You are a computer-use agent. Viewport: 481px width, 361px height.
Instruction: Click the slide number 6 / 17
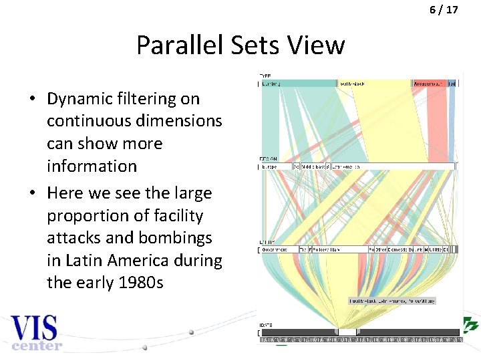(443, 10)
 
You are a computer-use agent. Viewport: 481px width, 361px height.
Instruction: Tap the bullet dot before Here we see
(32, 193)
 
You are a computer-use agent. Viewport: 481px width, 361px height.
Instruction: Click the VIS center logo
(35, 332)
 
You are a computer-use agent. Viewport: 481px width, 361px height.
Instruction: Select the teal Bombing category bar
(298, 84)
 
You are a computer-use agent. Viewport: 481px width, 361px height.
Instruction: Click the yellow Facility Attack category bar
(375, 84)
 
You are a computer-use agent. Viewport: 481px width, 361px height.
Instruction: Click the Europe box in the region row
(276, 166)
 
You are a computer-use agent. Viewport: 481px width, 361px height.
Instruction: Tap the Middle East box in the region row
(313, 166)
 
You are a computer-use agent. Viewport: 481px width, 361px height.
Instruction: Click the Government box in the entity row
(278, 249)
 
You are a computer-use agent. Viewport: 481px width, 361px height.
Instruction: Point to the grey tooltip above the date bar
(392, 301)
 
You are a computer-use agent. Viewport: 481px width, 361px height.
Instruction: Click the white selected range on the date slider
(347, 332)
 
